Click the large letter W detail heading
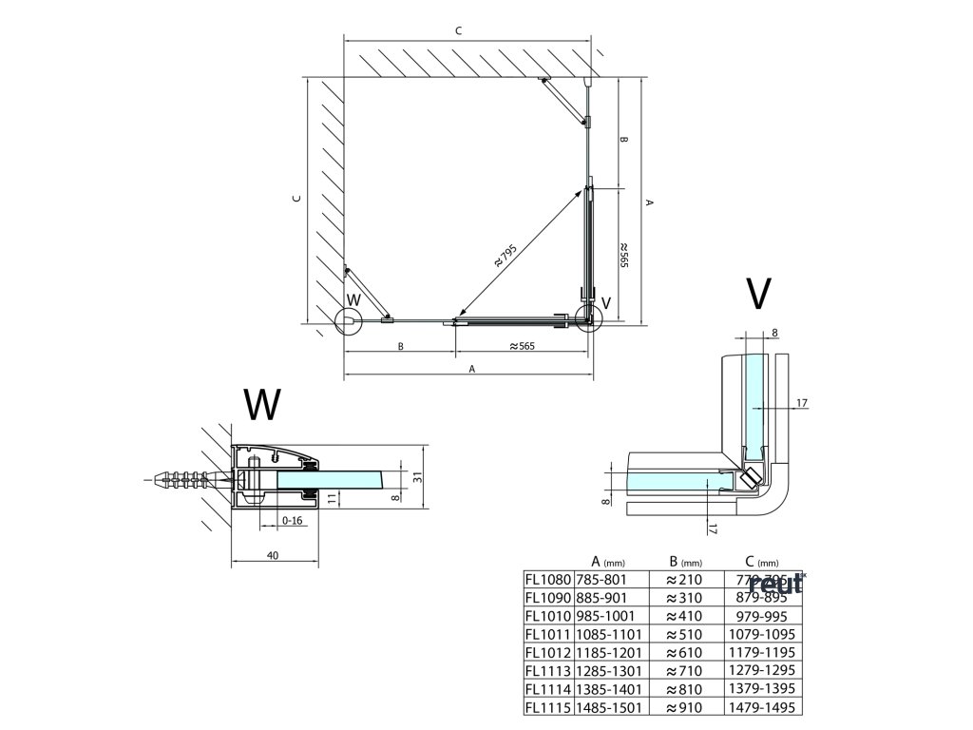click(x=262, y=404)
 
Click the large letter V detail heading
click(x=756, y=295)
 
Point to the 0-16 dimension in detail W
click(x=293, y=520)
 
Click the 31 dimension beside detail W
click(x=416, y=477)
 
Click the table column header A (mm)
click(x=602, y=561)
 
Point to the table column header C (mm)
click(x=755, y=561)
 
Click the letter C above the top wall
click(x=458, y=31)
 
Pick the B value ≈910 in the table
click(x=683, y=708)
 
